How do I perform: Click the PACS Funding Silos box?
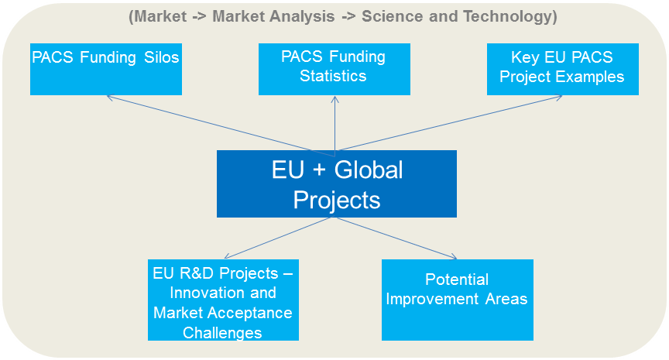click(x=105, y=69)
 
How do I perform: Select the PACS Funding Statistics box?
click(x=334, y=69)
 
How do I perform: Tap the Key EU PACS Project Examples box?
click(x=562, y=69)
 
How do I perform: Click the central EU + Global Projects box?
click(x=336, y=183)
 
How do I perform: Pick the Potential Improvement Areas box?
click(x=457, y=300)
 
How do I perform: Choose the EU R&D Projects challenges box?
click(x=223, y=300)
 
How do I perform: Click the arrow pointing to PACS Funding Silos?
click(x=209, y=123)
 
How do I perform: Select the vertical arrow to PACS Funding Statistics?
click(x=334, y=124)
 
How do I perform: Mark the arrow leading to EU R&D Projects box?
click(x=279, y=238)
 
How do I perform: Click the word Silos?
click(x=159, y=57)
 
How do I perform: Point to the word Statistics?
click(x=334, y=76)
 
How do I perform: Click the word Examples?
click(x=594, y=76)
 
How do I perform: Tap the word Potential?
click(x=457, y=279)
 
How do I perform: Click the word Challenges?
click(x=223, y=333)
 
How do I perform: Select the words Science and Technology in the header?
click(x=479, y=16)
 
